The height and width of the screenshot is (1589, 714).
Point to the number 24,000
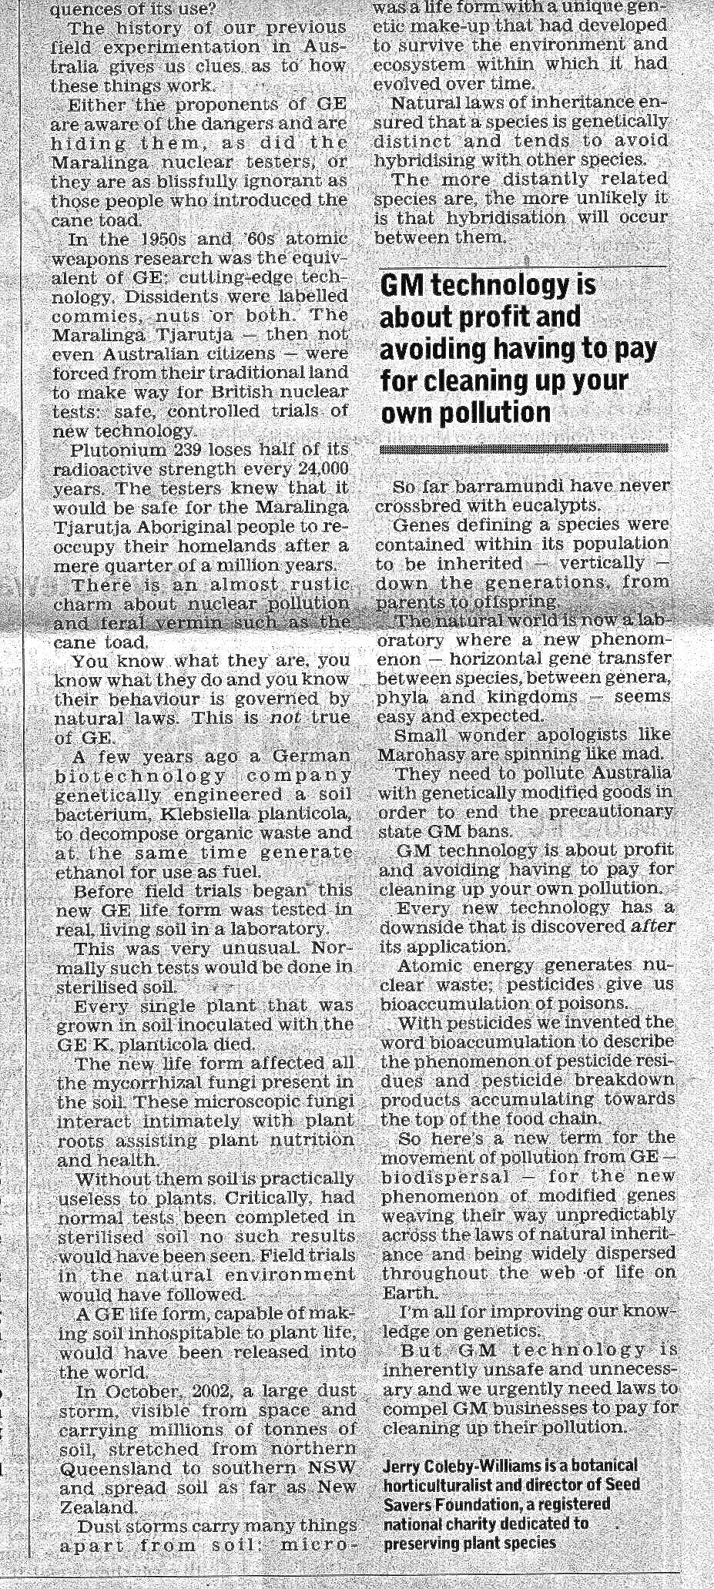[323, 469]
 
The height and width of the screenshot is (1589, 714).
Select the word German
[313, 756]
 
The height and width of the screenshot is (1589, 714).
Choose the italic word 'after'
[652, 927]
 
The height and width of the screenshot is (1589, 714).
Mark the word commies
[86, 316]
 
